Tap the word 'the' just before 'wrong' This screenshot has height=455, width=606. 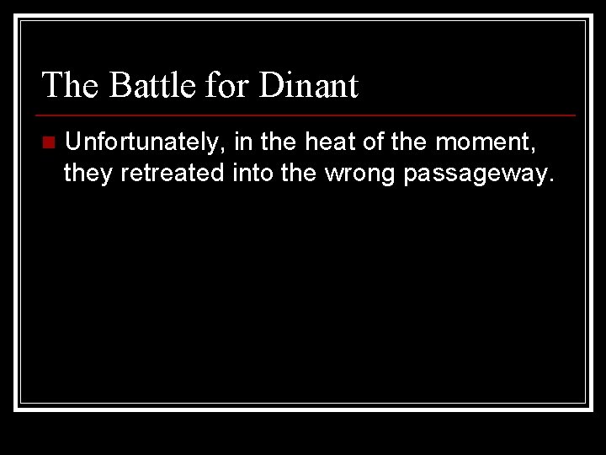295,173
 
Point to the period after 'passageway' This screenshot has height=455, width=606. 552,179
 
